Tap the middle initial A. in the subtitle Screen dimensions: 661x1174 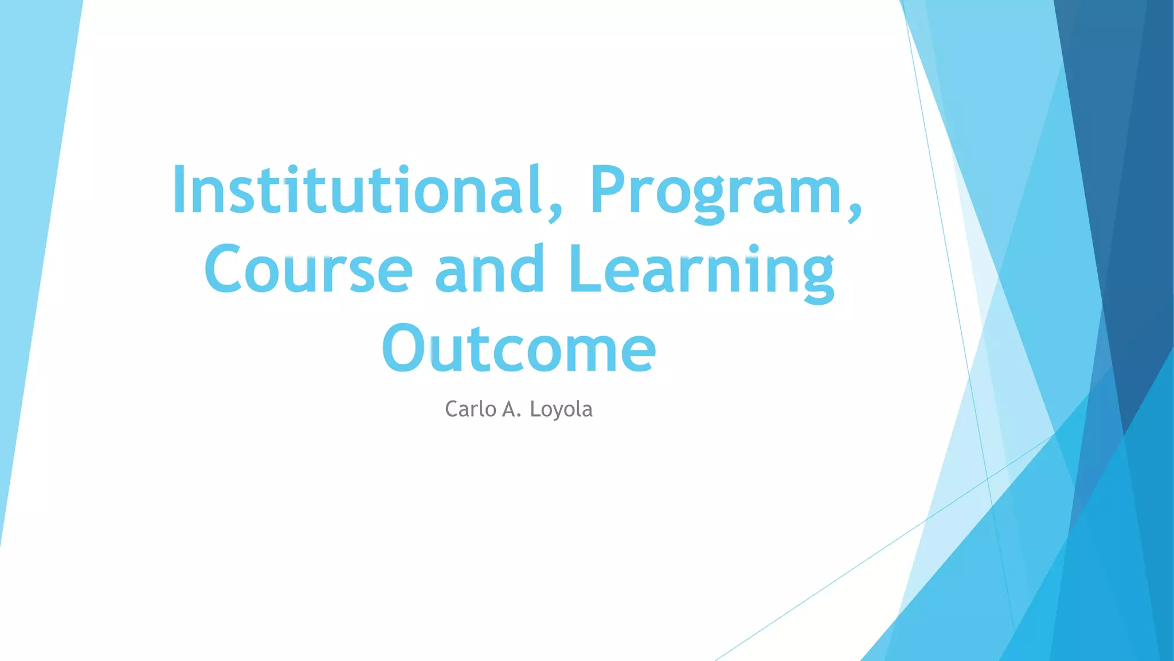(x=511, y=409)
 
